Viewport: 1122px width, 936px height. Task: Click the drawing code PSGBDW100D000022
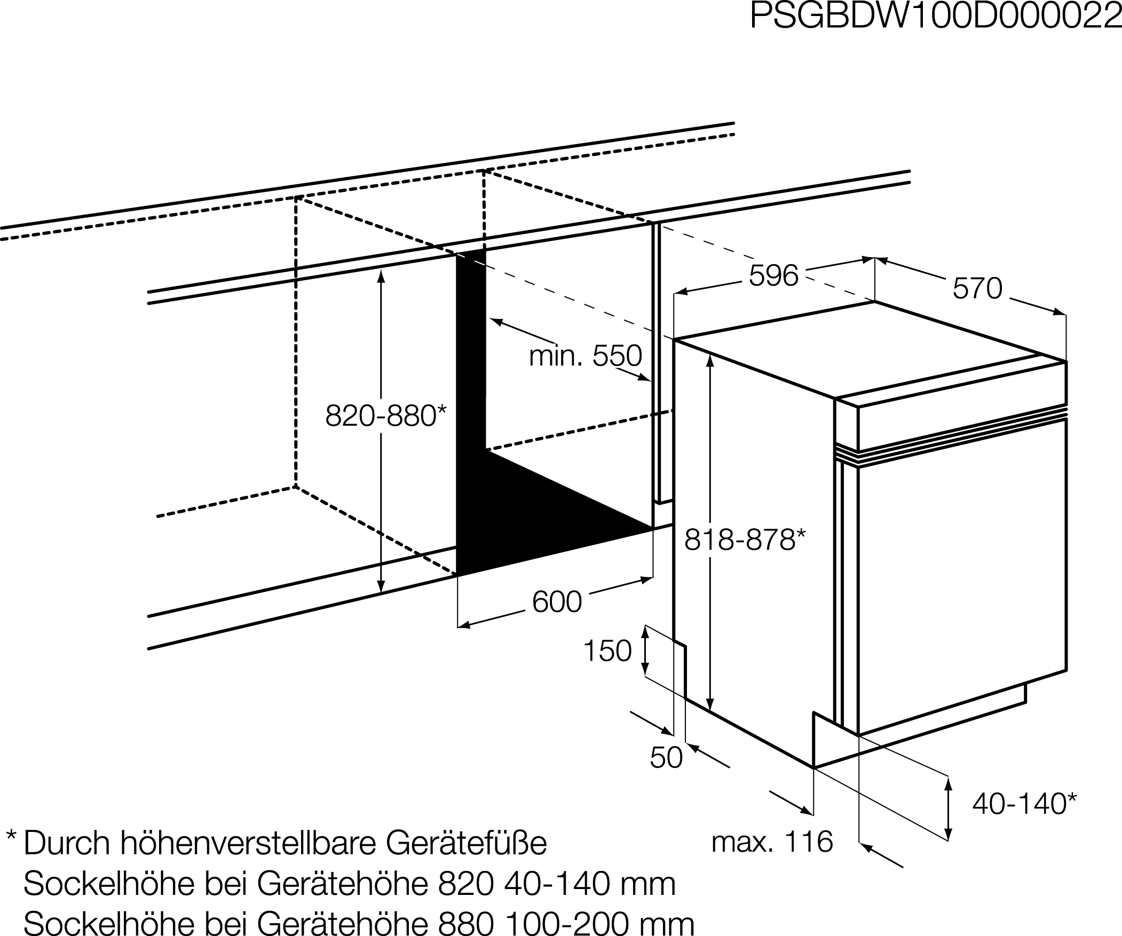[x=936, y=16]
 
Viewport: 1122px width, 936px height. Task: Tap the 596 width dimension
[x=773, y=276]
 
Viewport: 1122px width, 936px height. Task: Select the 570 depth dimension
[x=977, y=289]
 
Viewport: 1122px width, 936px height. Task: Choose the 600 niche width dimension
[x=557, y=601]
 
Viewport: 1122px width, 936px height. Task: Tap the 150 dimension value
[x=607, y=651]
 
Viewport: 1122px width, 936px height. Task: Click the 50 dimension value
[x=666, y=757]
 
